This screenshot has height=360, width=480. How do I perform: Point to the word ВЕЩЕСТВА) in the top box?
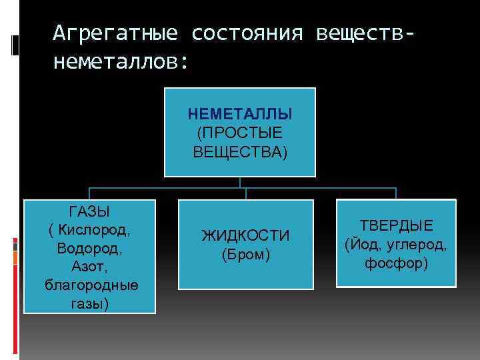pos(241,152)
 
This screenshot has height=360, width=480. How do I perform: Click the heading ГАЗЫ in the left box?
pos(90,212)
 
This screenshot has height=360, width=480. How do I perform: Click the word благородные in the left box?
pos(91,285)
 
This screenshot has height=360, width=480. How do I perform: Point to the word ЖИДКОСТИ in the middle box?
pos(245,236)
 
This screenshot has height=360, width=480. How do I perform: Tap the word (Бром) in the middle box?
pos(245,255)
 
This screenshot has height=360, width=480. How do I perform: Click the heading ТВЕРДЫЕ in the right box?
pos(397,226)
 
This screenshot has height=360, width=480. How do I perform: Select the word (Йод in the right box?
pos(360,245)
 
